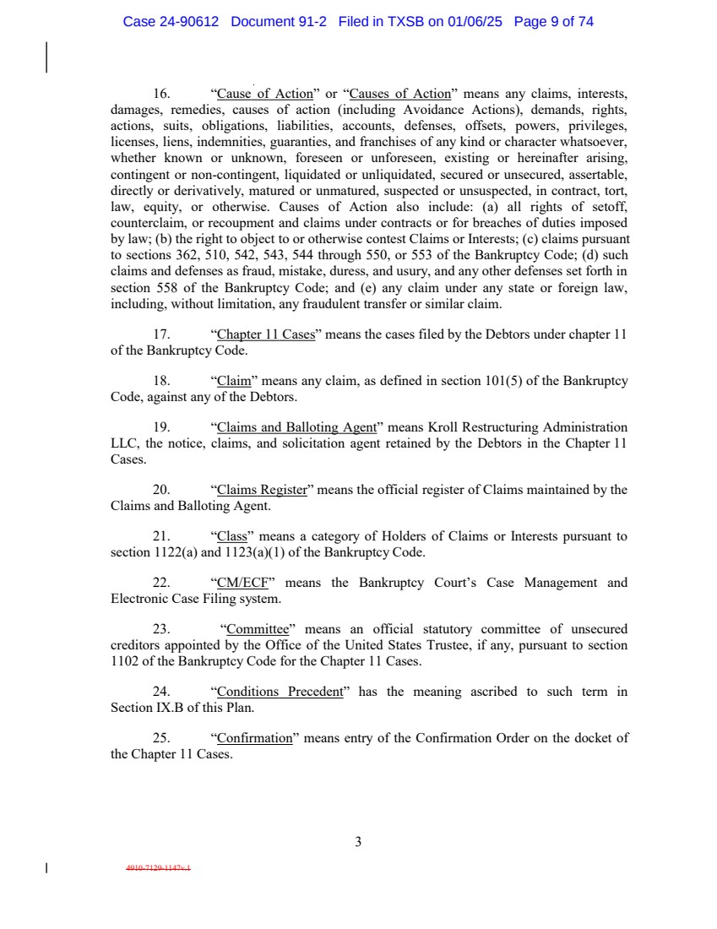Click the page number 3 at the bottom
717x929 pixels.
point(358,842)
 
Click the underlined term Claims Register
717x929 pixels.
point(262,490)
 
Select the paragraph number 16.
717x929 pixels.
point(161,95)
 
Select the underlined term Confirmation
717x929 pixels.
point(254,738)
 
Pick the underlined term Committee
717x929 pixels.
point(258,629)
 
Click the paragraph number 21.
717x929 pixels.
point(161,536)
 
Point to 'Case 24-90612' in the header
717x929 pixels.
point(171,22)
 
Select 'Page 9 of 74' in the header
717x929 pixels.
point(553,22)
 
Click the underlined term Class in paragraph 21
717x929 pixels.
point(231,536)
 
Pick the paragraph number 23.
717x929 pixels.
point(161,629)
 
